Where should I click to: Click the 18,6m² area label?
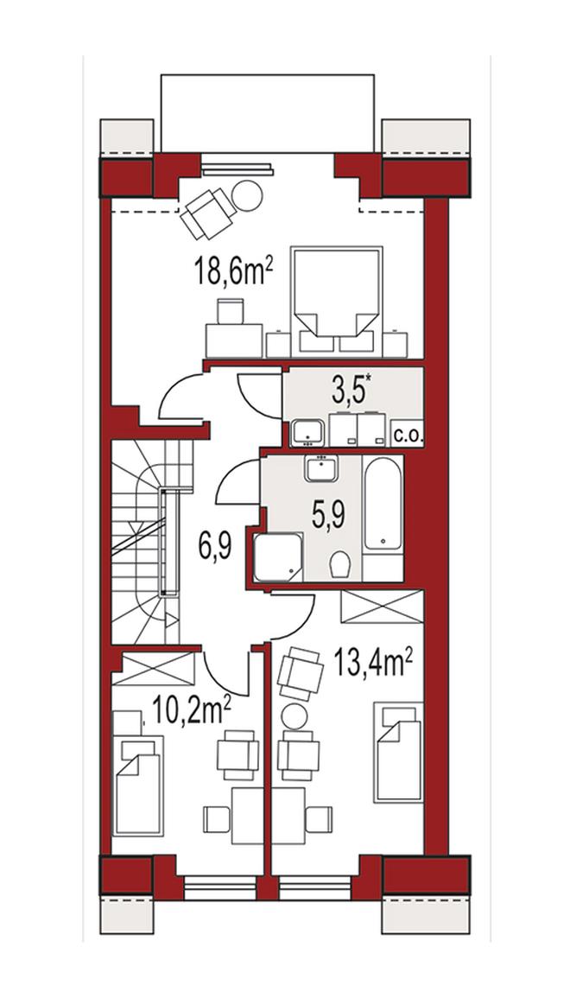[x=235, y=274]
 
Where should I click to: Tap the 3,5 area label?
[x=350, y=391]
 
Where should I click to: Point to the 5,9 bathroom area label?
[x=328, y=513]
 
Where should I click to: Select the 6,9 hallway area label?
[x=214, y=546]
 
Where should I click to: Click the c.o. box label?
[x=407, y=436]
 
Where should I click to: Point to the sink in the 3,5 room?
[x=308, y=431]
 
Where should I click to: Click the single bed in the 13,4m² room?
[x=398, y=753]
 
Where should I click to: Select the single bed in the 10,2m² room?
[x=138, y=786]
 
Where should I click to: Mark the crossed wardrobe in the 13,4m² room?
[x=382, y=607]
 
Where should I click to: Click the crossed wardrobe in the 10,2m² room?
[x=154, y=668]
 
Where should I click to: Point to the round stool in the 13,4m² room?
[x=294, y=717]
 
